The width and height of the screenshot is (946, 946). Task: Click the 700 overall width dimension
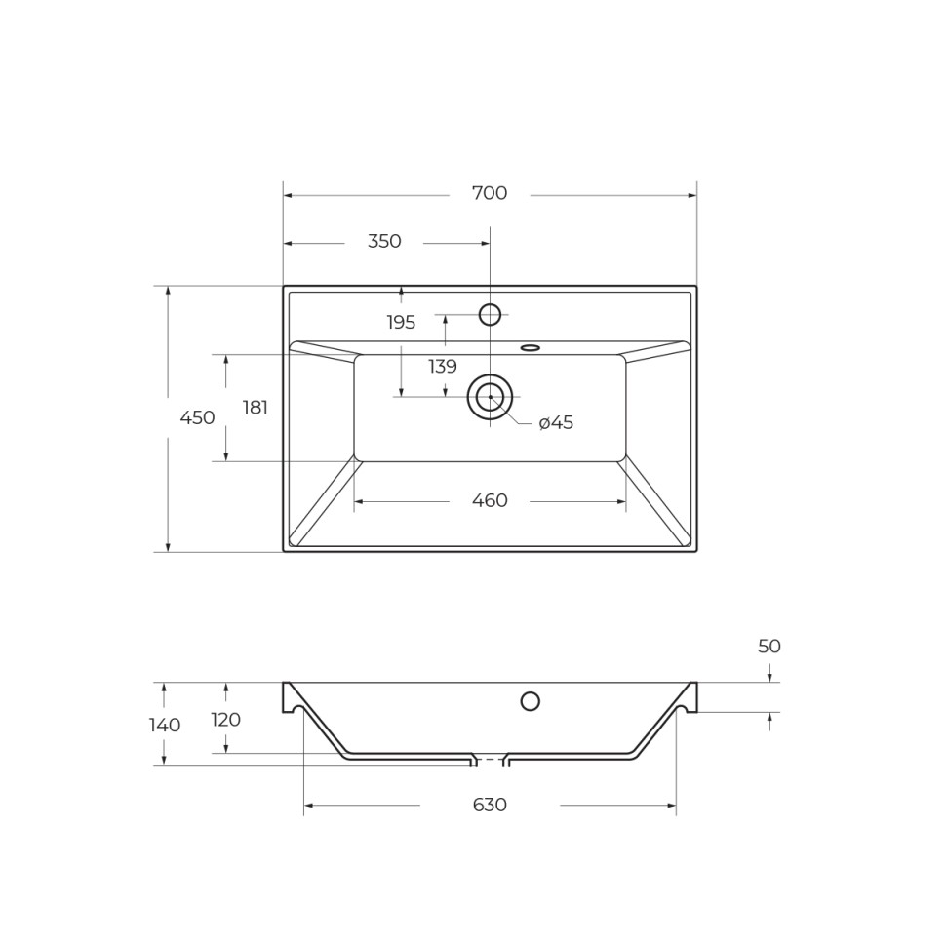[490, 193]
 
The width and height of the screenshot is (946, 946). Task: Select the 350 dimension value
[384, 242]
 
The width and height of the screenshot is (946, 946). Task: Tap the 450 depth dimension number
[197, 417]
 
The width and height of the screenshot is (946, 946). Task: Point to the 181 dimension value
[256, 408]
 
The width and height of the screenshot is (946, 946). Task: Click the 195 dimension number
[401, 323]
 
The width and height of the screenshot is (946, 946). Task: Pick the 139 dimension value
[443, 367]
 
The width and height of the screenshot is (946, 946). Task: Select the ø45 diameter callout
[556, 423]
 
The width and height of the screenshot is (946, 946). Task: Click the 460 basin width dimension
[490, 501]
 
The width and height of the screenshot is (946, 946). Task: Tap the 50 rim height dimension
[769, 647]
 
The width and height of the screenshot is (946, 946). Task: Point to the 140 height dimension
[165, 725]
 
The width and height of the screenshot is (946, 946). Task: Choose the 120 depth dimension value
[226, 720]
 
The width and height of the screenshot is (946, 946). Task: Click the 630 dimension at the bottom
[490, 806]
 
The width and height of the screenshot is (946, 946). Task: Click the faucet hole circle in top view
[490, 315]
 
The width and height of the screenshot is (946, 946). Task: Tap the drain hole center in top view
[490, 397]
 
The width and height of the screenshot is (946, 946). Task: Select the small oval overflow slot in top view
[531, 348]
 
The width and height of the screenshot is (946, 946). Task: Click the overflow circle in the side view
[531, 701]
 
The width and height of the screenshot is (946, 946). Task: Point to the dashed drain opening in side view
[490, 760]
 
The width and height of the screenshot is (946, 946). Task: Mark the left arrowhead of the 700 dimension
[288, 195]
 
